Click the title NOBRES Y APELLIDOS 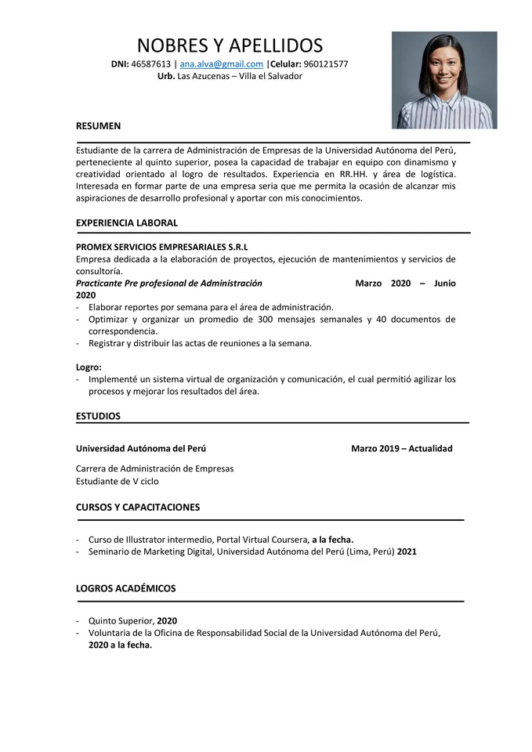(230, 45)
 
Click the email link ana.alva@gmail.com (221, 64)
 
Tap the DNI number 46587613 (150, 64)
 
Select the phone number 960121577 (326, 64)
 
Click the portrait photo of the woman (444, 80)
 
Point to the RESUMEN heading (98, 125)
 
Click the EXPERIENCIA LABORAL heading (126, 222)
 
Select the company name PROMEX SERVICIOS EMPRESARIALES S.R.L (161, 247)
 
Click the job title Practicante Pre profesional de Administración (169, 283)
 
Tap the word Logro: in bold (89, 367)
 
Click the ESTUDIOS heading (98, 416)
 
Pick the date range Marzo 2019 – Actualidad (401, 449)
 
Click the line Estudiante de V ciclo (117, 481)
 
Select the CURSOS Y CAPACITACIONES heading (137, 507)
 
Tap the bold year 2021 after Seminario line (407, 551)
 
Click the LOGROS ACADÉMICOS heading (125, 588)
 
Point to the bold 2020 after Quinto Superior (167, 620)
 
